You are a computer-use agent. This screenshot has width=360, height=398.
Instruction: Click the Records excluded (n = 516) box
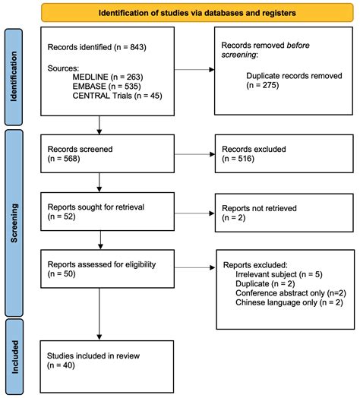pyautogui.click(x=276, y=153)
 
